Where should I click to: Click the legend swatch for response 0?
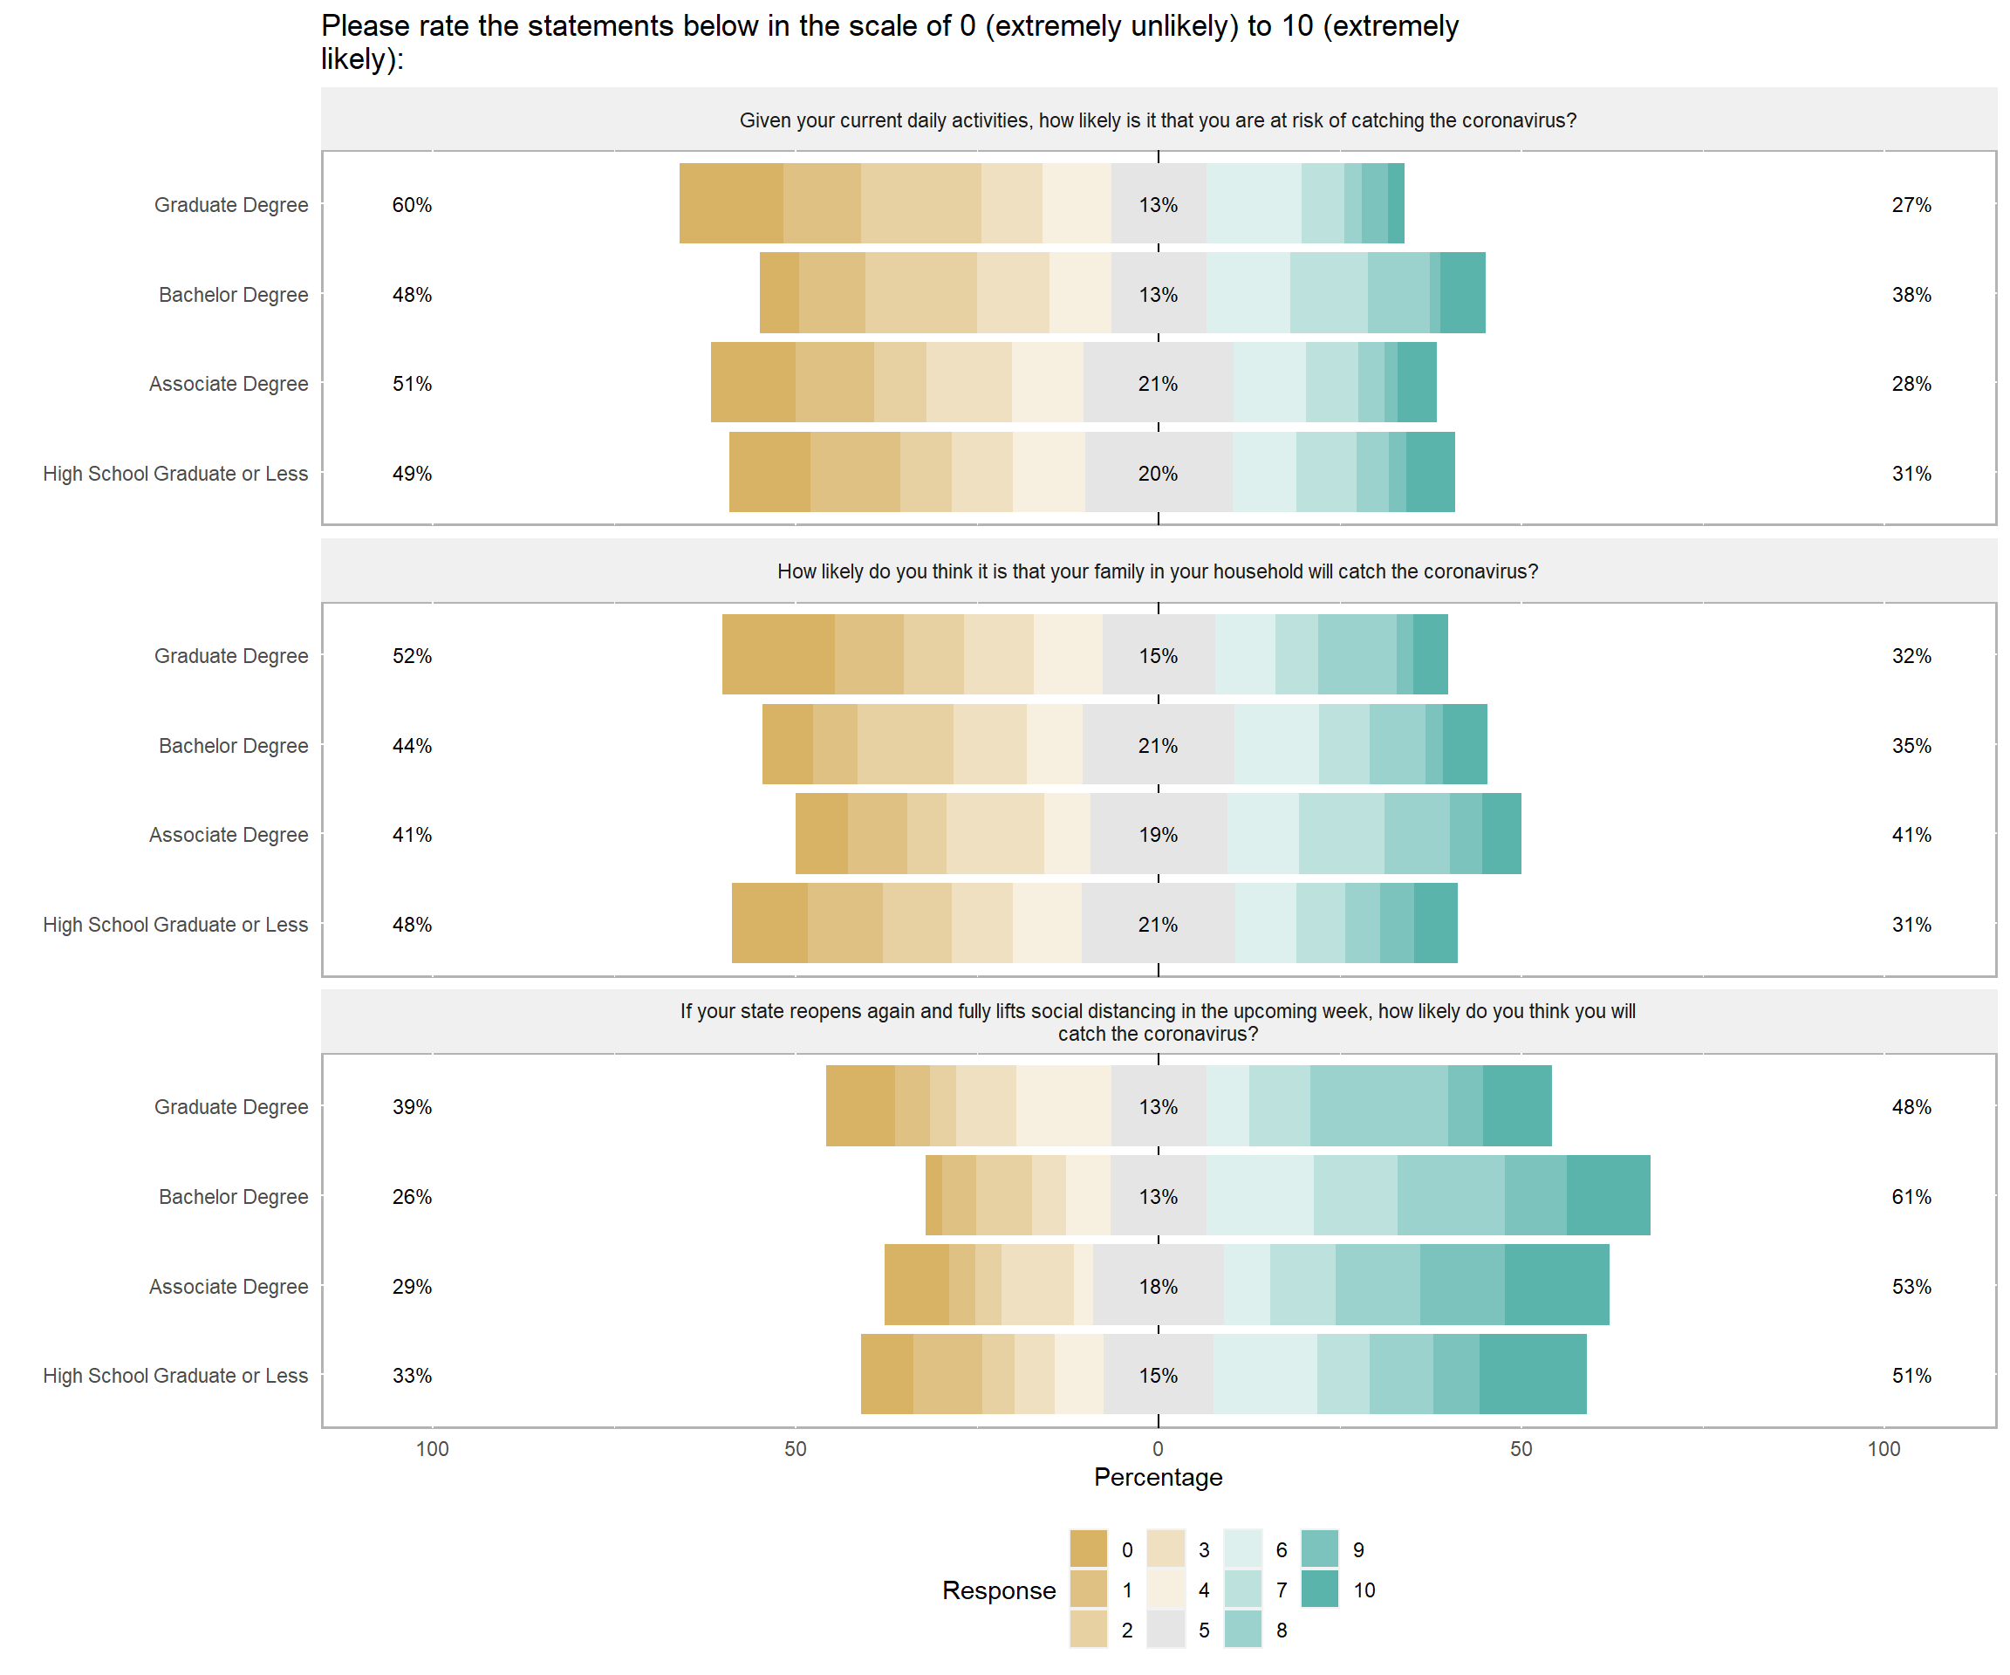[1088, 1549]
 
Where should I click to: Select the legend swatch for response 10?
[1320, 1589]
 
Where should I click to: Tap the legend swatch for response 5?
[1166, 1629]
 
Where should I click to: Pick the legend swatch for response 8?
[1242, 1629]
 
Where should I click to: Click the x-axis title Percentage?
[1159, 1477]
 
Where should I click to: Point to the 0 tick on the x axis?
[1159, 1448]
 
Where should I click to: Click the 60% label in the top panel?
[412, 205]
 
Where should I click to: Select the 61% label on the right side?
[1911, 1196]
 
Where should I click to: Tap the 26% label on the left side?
[412, 1196]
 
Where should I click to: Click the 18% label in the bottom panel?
[1159, 1287]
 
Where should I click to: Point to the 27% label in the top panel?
[1911, 205]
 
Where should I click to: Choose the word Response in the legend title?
[998, 1590]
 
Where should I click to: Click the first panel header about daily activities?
[1159, 120]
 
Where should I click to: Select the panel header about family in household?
[1159, 571]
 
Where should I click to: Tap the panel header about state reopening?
[1159, 1022]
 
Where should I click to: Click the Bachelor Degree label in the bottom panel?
[234, 1196]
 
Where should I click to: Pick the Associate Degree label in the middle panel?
[229, 835]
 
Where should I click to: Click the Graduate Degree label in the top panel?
[232, 205]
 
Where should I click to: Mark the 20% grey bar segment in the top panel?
[1159, 473]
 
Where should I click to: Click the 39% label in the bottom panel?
[412, 1106]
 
